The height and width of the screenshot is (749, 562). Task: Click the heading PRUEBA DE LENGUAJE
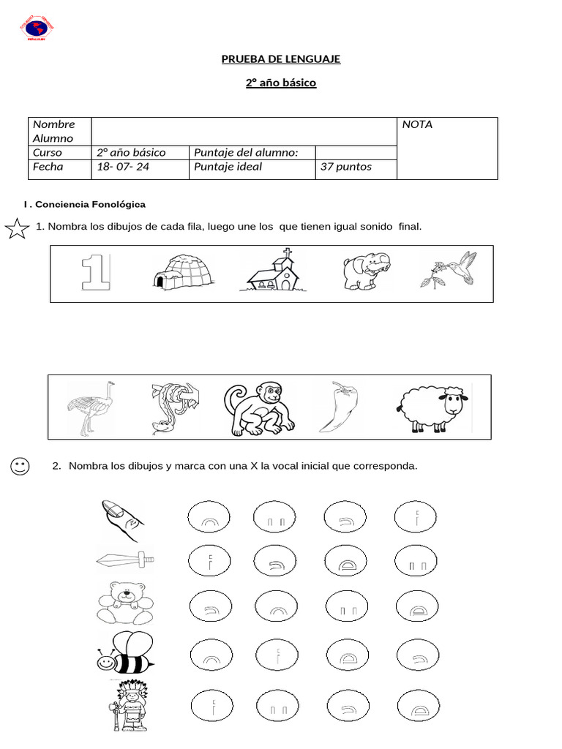coord(281,59)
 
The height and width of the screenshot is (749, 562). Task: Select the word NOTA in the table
coord(417,124)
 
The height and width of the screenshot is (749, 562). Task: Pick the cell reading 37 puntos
coord(345,167)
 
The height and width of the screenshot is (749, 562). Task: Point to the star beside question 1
coord(16,230)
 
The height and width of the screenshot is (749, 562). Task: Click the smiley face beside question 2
coord(20,466)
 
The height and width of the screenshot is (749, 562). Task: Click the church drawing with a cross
coord(271,271)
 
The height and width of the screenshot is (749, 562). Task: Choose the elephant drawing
coord(367,271)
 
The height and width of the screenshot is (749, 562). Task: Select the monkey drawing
coord(260,407)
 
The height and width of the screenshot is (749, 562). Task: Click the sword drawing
coord(125,561)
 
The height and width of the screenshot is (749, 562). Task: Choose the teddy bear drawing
coord(125,603)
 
